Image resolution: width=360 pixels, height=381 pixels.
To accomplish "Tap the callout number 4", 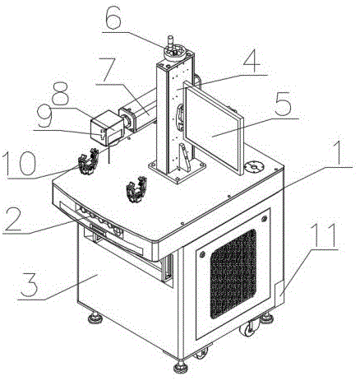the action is pos(252,61).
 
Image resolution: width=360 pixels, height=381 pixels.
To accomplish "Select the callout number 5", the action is pos(282,105).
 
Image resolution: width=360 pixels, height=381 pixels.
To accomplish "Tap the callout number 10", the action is pos(19,164).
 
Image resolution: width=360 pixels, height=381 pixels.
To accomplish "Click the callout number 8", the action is pos(60,93).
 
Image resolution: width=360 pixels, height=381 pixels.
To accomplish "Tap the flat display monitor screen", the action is pos(212,128).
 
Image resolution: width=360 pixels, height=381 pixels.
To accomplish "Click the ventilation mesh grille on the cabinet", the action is pos(233,274).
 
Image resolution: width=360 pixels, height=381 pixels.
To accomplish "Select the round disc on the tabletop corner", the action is pos(253,166).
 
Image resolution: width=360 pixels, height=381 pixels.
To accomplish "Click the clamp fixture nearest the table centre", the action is pos(136,189).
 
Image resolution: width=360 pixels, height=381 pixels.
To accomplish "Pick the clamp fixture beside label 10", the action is pos(88,161).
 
